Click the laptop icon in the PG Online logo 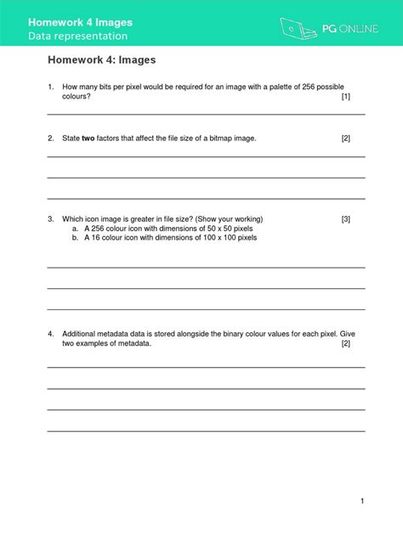point(293,28)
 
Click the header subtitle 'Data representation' point(77,37)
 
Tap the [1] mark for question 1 point(345,97)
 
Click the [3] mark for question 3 point(345,219)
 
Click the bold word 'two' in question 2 point(88,138)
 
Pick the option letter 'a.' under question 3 point(76,229)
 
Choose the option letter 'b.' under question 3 point(76,238)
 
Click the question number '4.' point(51,333)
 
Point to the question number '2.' point(51,138)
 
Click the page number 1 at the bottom point(362,501)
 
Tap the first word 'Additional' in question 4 point(82,333)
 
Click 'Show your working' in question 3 point(223,219)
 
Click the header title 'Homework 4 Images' point(80,21)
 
